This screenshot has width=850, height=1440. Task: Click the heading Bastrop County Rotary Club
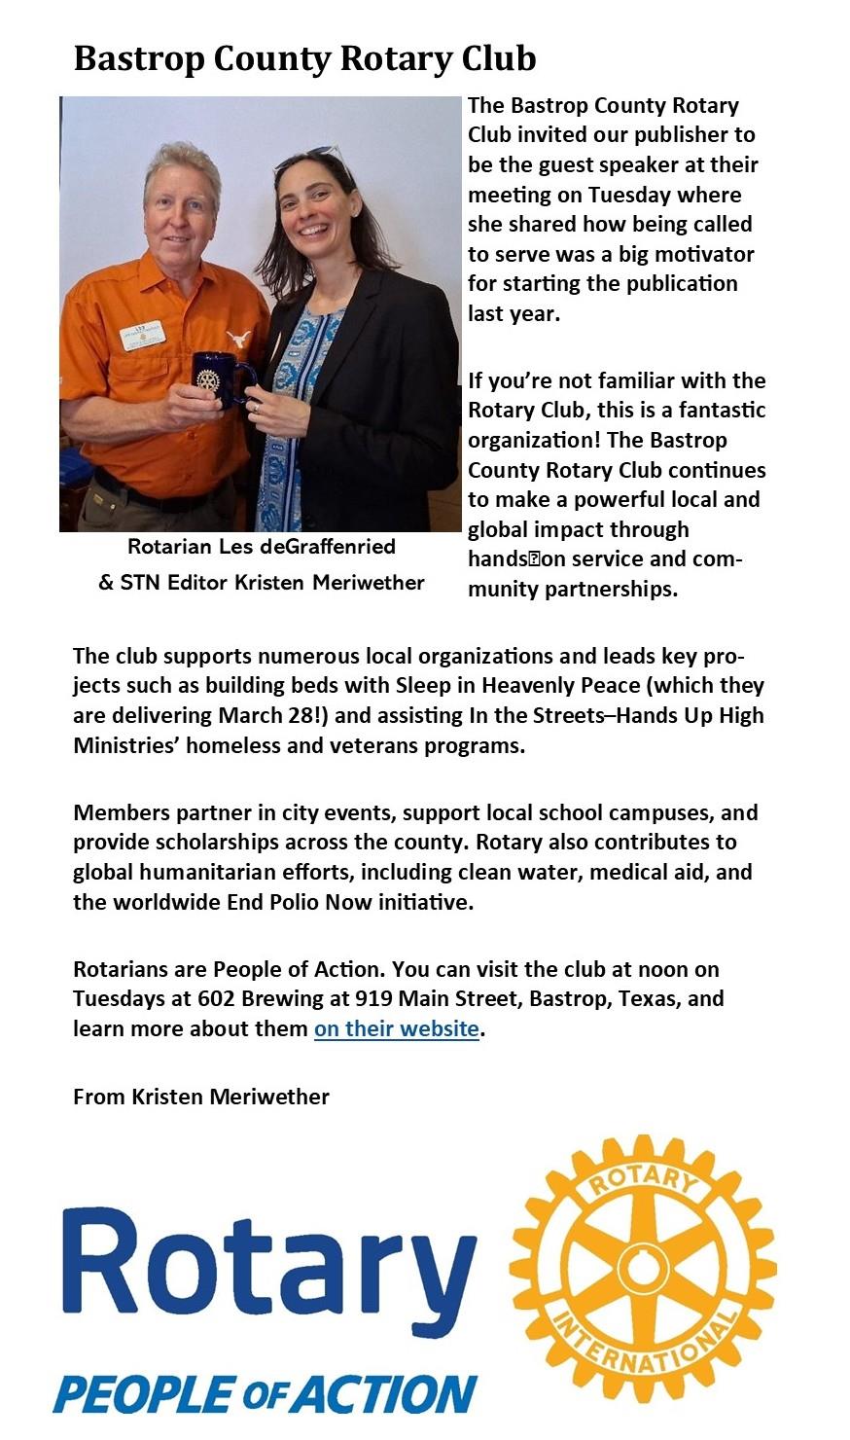coord(304,58)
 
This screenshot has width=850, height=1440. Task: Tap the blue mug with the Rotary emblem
coord(222,378)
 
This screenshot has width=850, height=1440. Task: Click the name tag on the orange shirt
coord(142,336)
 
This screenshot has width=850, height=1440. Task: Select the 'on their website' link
coord(396,1028)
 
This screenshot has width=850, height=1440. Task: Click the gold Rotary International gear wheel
coord(642,1269)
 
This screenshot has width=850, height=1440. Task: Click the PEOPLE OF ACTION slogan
coord(265,1394)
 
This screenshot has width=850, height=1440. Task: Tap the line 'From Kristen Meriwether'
coord(201,1097)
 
